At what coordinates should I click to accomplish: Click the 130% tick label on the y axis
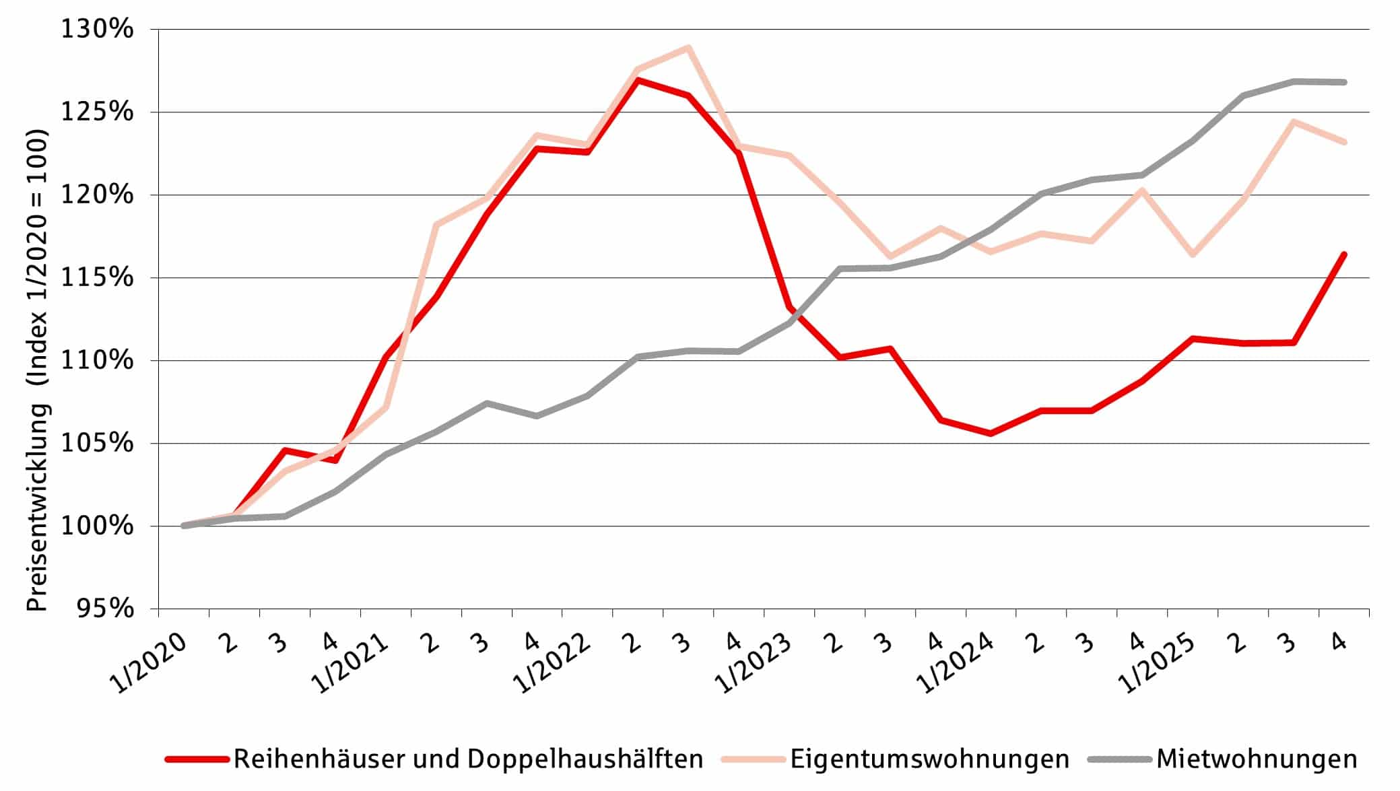98,30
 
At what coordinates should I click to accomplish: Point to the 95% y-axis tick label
106,609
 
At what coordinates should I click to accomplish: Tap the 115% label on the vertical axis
98,277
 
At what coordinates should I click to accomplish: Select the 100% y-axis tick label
98,526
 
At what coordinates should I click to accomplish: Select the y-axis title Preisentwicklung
38,370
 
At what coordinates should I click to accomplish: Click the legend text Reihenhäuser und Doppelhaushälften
468,759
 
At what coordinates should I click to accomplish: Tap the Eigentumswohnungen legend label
929,759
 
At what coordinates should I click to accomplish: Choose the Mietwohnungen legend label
1257,759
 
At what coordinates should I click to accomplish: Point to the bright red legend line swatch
197,759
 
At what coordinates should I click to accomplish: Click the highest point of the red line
638,80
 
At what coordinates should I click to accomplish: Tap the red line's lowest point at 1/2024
991,434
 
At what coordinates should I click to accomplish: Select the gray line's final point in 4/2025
1344,82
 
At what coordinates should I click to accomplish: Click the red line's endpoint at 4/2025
1344,254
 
